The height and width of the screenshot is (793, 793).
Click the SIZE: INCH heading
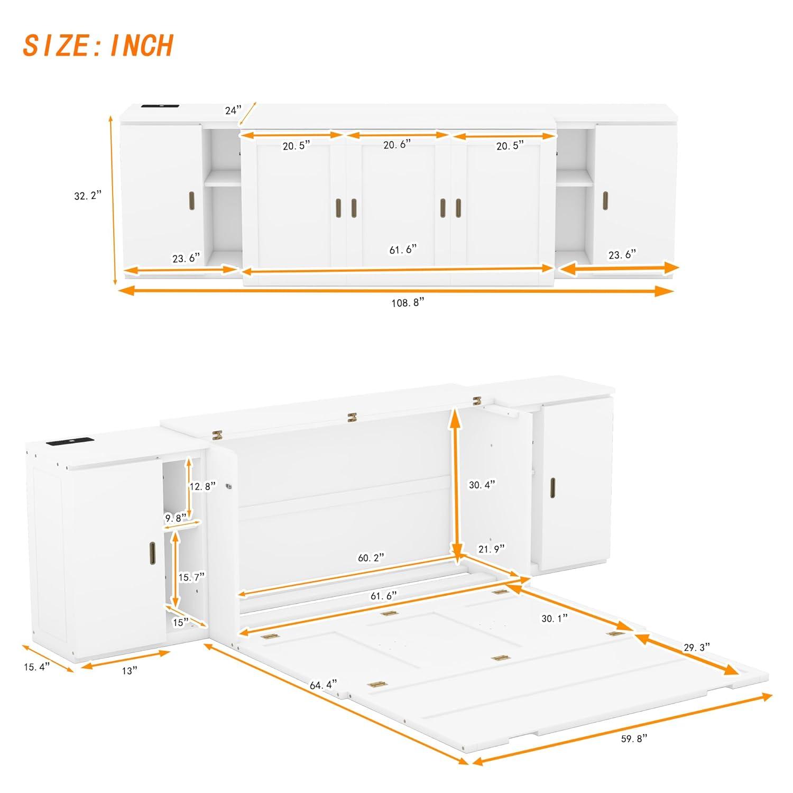pos(98,45)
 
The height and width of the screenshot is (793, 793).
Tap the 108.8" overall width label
pos(408,303)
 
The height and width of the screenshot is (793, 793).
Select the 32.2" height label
pos(87,196)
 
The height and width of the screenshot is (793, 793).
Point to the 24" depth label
pos(233,110)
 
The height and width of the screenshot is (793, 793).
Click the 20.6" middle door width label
pos(396,144)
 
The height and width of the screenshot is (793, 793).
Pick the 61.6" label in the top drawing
pos(403,250)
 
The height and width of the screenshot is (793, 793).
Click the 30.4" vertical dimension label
pos(482,484)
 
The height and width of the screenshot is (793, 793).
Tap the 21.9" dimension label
pos(492,549)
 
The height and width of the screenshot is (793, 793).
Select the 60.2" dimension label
pos(371,558)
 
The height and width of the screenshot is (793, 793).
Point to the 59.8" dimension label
pos(634,739)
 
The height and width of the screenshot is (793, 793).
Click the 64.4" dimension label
pos(323,685)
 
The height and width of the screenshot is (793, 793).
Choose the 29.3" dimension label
pos(696,647)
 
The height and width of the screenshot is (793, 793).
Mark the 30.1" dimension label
pos(555,618)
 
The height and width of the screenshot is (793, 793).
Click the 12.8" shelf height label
pos(202,486)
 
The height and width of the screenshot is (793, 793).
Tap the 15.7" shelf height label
pos(191,577)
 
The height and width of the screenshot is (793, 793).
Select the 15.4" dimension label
pos(36,667)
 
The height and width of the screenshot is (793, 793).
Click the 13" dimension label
pos(129,670)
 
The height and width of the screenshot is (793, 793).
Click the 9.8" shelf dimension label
pos(176,519)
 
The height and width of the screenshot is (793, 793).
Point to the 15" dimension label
pos(181,623)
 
